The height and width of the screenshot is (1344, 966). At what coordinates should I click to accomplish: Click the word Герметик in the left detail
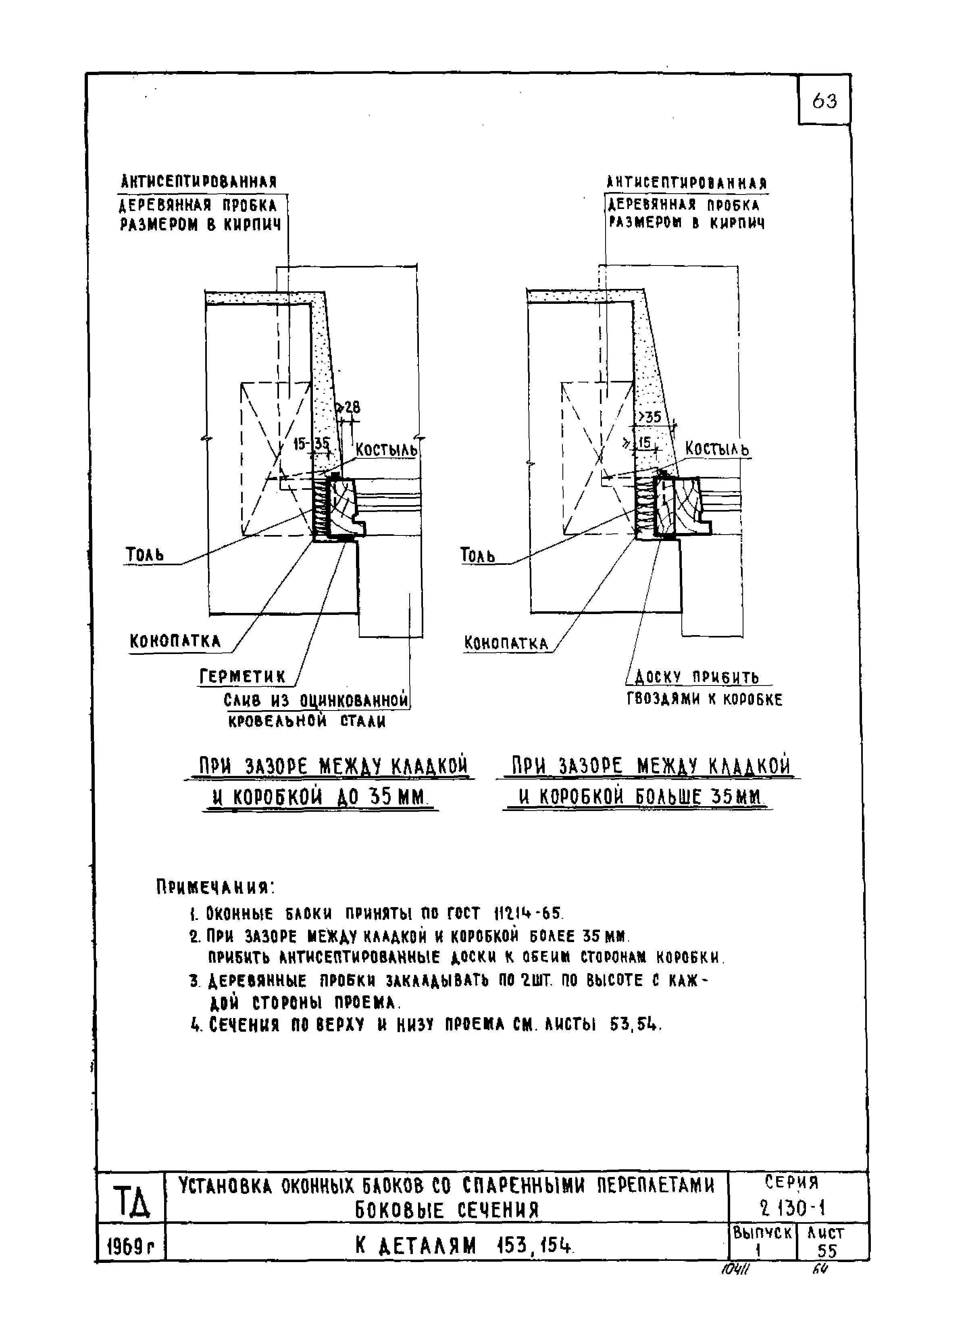coord(242,677)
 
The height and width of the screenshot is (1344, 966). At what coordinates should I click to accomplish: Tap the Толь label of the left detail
coord(144,555)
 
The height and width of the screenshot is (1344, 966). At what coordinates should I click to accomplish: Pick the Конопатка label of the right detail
coord(506,644)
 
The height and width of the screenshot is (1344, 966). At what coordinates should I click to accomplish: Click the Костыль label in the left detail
coord(386,450)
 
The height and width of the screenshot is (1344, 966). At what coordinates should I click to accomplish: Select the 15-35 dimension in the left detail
coord(312,444)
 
